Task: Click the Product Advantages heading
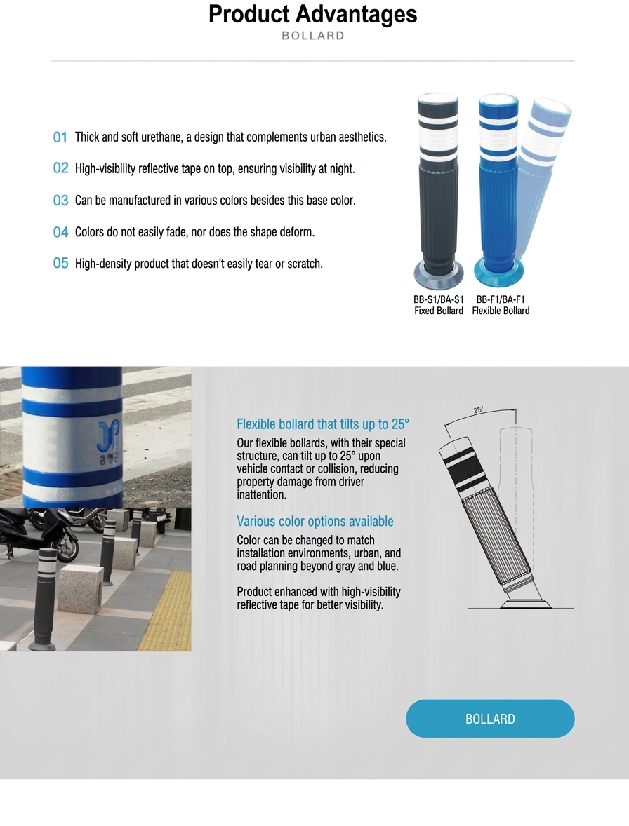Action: (312, 14)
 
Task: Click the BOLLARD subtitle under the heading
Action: (312, 36)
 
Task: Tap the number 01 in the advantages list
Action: (60, 137)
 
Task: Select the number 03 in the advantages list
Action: (60, 201)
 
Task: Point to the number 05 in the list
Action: (60, 264)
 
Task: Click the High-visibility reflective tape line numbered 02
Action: (215, 168)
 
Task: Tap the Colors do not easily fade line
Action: (194, 232)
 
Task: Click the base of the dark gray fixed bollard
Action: (439, 274)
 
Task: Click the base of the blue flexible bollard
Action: (500, 272)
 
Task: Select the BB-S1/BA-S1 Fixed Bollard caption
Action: (439, 305)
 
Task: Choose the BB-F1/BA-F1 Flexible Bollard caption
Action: (501, 305)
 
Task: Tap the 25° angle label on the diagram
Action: (478, 409)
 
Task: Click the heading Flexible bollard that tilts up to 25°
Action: (323, 424)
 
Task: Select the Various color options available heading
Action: (314, 521)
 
